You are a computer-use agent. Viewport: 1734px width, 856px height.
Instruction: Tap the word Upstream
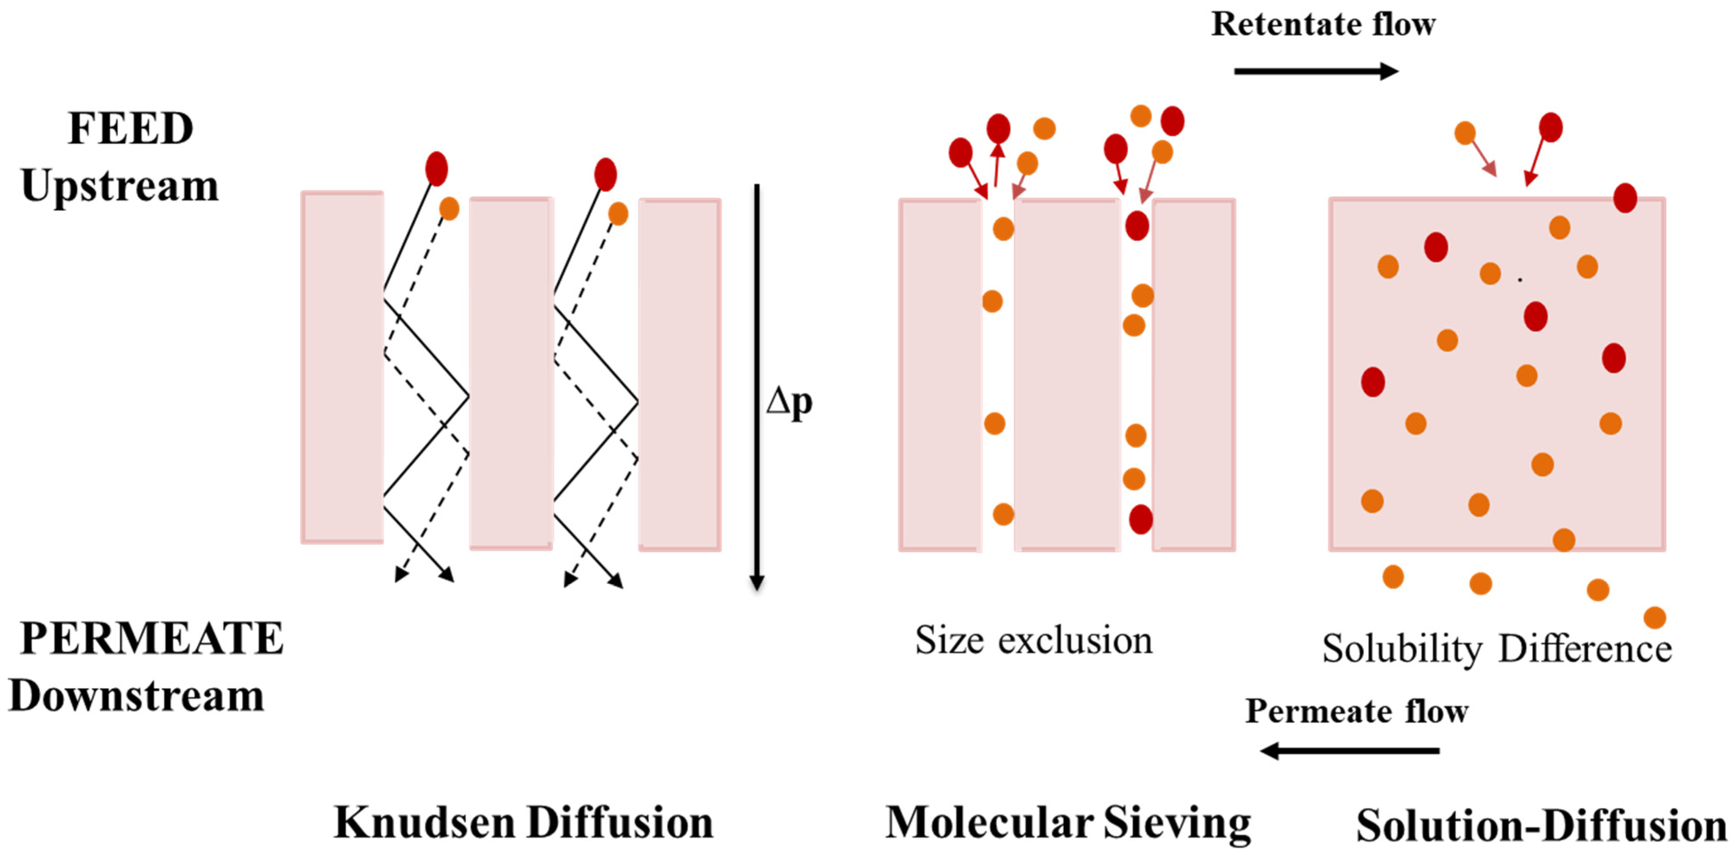point(120,185)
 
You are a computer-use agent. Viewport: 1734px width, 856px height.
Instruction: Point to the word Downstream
point(136,696)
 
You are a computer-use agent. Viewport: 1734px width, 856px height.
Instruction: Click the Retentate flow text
point(1323,24)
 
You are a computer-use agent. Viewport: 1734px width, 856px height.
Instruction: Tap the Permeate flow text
point(1356,711)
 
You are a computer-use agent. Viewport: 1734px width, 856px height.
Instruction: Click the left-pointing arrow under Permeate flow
point(1350,750)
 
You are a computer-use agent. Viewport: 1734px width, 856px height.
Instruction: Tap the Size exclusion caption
point(1033,640)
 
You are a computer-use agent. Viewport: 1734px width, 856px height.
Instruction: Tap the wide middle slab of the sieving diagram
point(1067,374)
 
